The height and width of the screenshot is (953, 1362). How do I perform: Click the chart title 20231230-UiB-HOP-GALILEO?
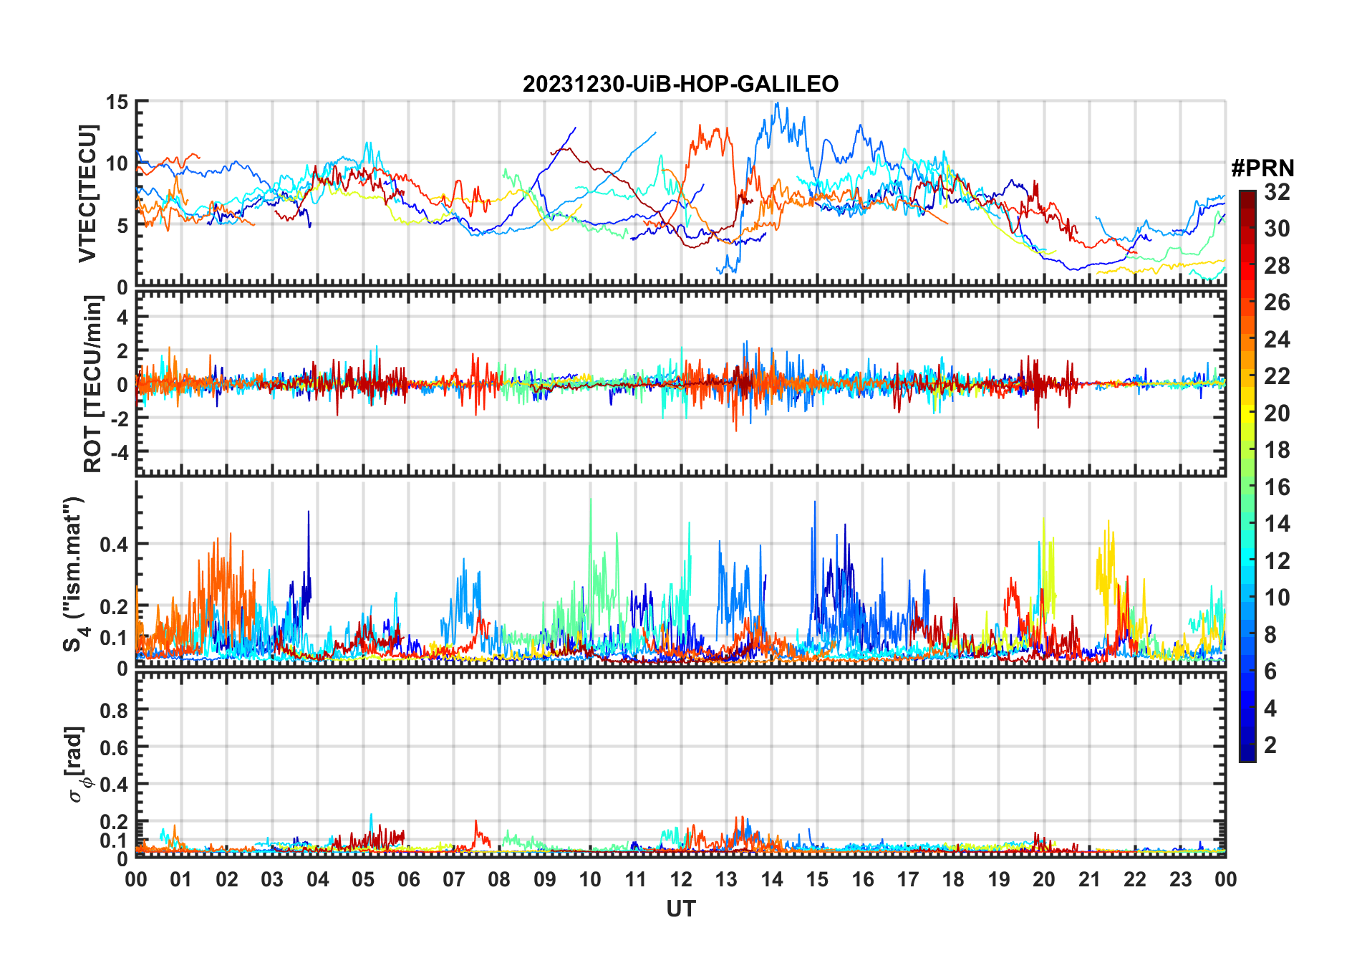click(x=680, y=85)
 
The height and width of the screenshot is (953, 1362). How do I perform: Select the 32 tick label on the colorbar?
click(x=1277, y=192)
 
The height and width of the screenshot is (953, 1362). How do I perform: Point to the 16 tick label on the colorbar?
click(x=1277, y=487)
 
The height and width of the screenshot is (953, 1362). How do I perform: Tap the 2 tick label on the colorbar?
click(x=1270, y=745)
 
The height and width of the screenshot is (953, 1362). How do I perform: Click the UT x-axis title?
click(x=680, y=909)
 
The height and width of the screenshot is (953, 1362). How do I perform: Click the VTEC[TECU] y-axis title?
click(x=87, y=193)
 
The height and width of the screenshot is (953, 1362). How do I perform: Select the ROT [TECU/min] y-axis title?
click(x=92, y=384)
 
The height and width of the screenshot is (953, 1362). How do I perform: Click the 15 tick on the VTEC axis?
click(x=117, y=102)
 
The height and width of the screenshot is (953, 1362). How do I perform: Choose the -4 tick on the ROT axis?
click(x=119, y=453)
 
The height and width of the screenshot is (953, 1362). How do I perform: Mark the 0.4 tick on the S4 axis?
click(x=114, y=544)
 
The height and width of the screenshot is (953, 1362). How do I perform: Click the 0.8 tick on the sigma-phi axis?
click(x=114, y=710)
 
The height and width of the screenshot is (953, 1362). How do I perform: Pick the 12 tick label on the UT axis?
click(x=681, y=880)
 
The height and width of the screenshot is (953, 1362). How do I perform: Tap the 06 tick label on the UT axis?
click(x=408, y=880)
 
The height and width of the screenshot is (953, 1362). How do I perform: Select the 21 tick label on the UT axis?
click(x=1089, y=880)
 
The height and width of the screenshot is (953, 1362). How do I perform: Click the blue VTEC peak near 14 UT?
click(x=777, y=104)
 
